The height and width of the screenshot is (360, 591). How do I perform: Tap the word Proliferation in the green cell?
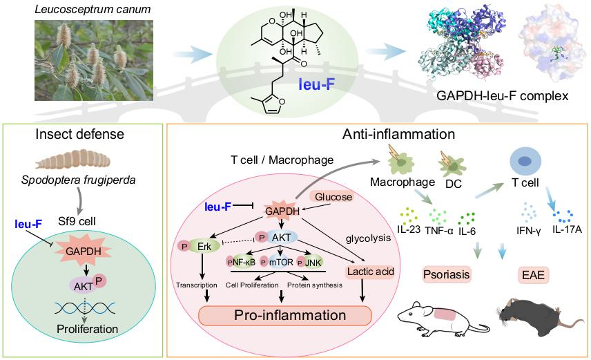click(83, 329)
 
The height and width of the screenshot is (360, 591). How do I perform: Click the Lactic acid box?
click(371, 272)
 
